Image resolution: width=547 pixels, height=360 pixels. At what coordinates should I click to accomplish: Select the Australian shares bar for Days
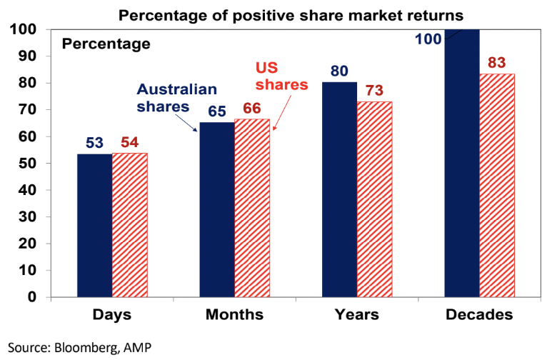95,225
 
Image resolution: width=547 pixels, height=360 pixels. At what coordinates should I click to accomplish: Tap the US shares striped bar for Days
130,225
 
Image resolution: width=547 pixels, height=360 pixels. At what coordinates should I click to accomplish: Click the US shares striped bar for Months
252,208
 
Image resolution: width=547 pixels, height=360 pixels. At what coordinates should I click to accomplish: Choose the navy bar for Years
339,189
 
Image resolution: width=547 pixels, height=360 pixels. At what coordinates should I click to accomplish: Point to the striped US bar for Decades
497,185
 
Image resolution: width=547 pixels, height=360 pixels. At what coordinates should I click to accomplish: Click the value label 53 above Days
95,143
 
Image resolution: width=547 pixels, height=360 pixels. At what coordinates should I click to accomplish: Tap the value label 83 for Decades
497,62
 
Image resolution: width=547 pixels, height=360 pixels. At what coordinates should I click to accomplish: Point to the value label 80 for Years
339,71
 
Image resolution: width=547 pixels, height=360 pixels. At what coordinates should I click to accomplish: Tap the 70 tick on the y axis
31,110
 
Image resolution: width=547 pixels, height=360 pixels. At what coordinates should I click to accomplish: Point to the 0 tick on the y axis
36,297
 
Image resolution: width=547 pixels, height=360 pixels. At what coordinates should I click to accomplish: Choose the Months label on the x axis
234,315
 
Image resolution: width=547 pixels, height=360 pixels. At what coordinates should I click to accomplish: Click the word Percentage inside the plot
106,44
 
